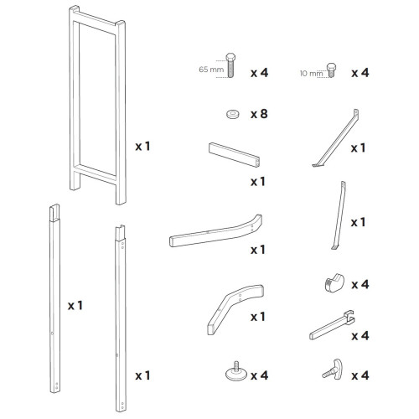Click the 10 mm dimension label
(309, 73)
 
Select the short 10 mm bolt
(331, 71)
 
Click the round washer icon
(230, 111)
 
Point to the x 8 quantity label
(260, 111)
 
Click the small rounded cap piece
(330, 284)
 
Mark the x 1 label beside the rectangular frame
(143, 146)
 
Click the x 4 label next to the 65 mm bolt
(260, 73)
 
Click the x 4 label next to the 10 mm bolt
(361, 73)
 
